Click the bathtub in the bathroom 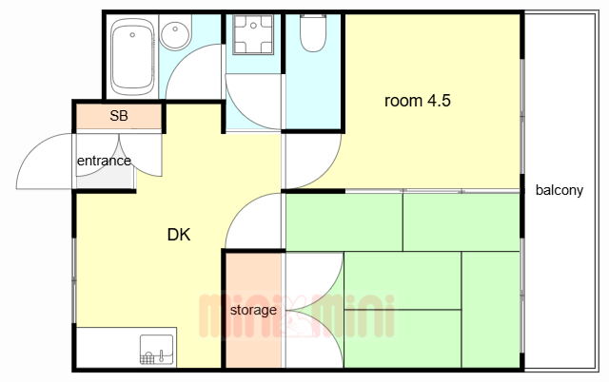pyautogui.click(x=132, y=57)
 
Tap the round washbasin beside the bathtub pyautogui.click(x=175, y=33)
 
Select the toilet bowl pyautogui.click(x=313, y=34)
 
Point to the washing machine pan pyautogui.click(x=253, y=34)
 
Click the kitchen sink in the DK pyautogui.click(x=156, y=350)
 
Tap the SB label pyautogui.click(x=119, y=116)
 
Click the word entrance pyautogui.click(x=104, y=161)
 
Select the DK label pyautogui.click(x=179, y=235)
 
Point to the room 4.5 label pyautogui.click(x=417, y=101)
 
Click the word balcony pyautogui.click(x=560, y=190)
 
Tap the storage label pyautogui.click(x=253, y=310)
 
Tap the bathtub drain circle pyautogui.click(x=132, y=35)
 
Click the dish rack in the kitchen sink pyautogui.click(x=147, y=358)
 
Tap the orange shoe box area pyautogui.click(x=119, y=116)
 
